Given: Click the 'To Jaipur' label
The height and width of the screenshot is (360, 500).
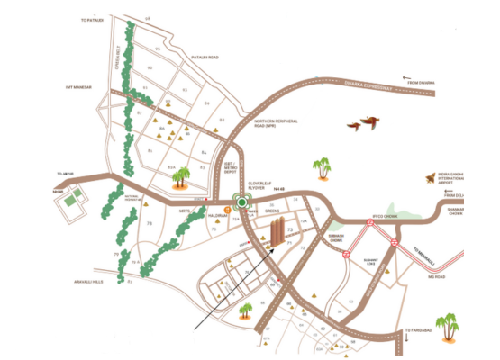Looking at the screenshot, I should [64, 173].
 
